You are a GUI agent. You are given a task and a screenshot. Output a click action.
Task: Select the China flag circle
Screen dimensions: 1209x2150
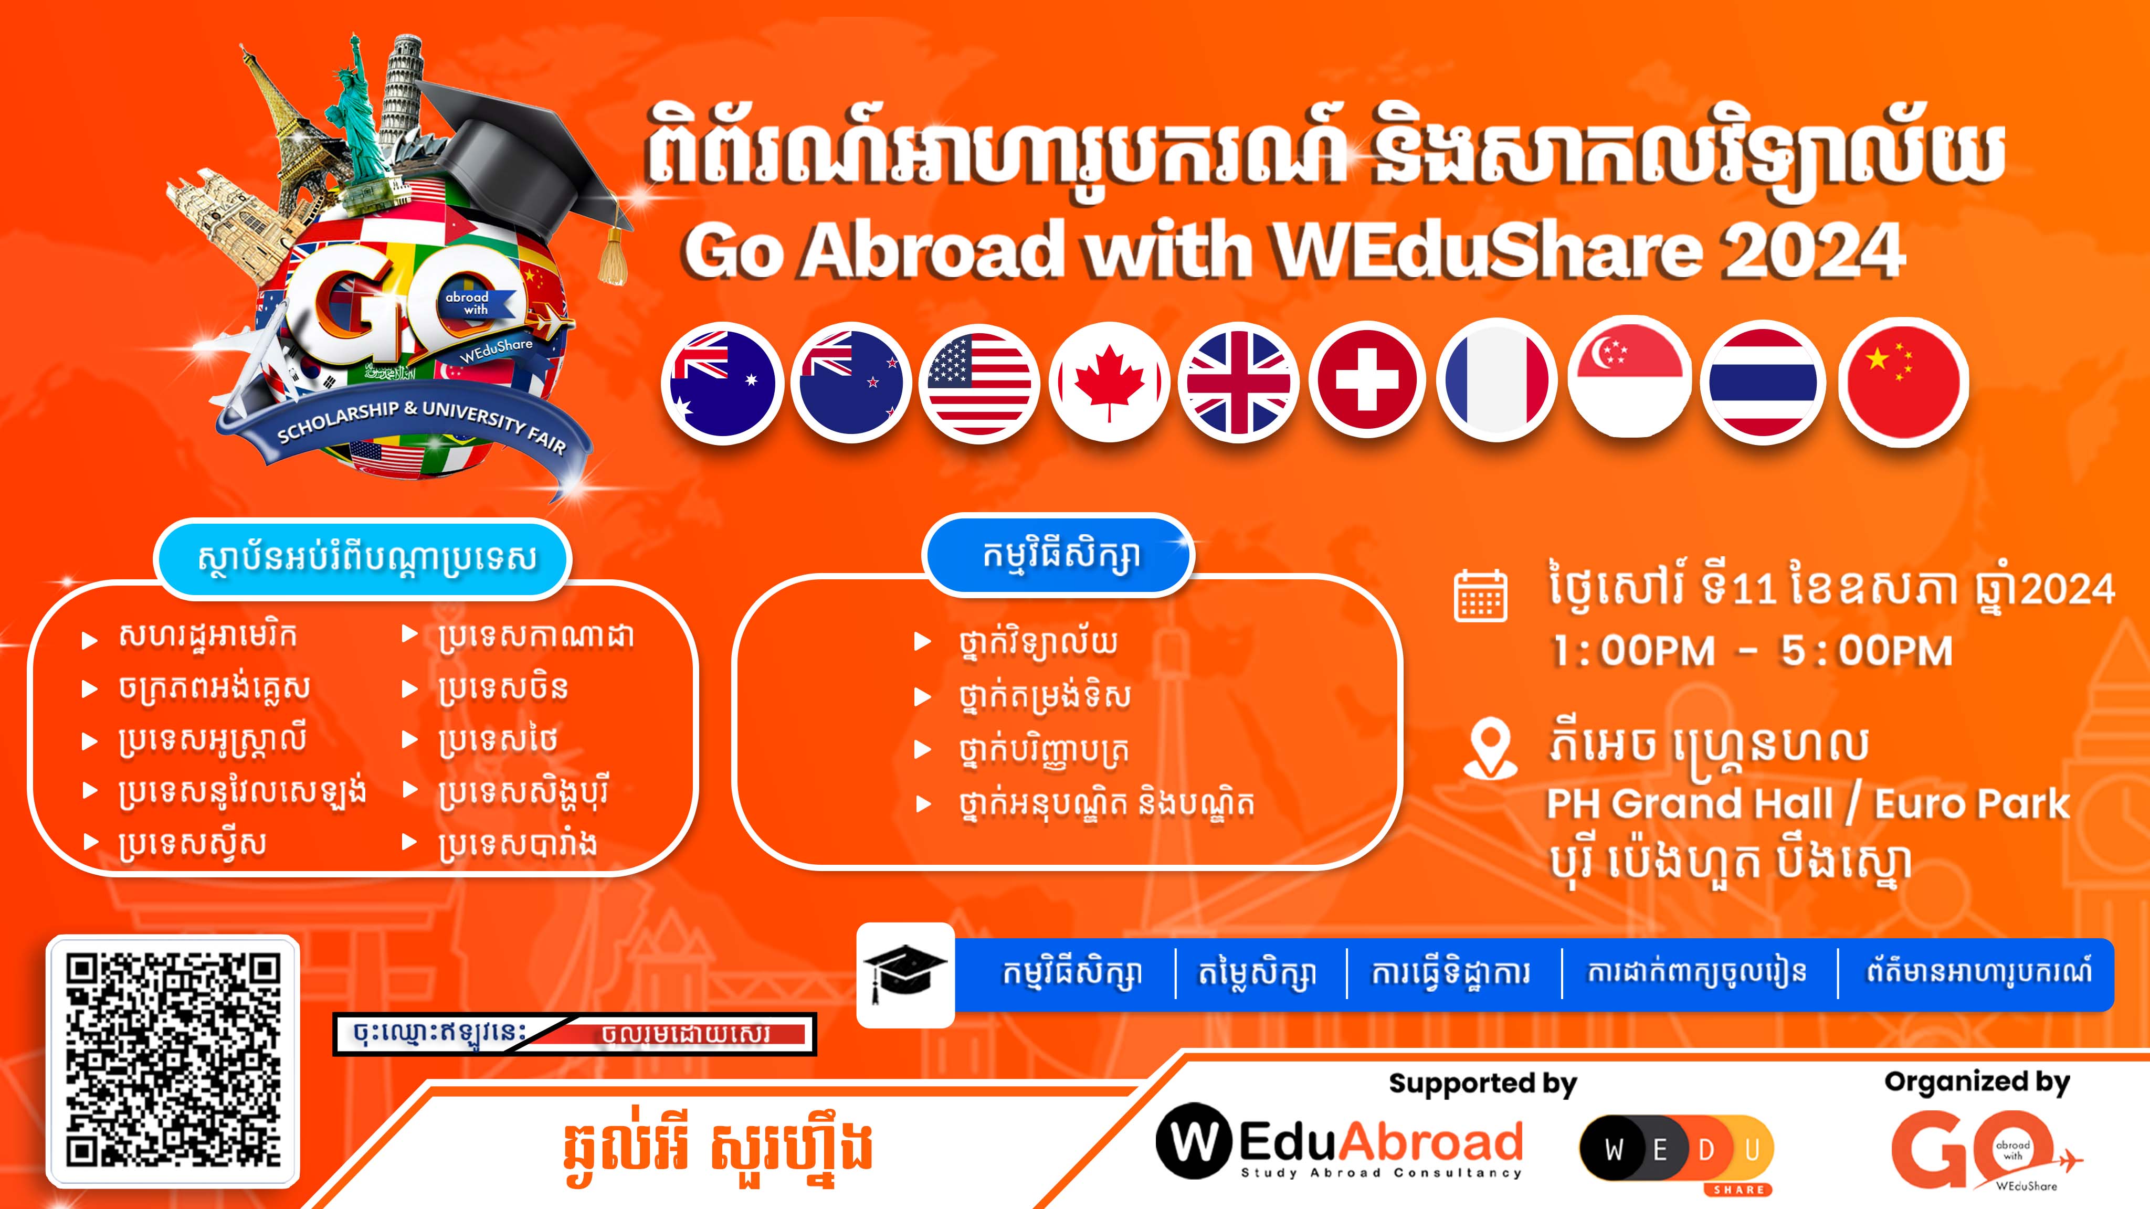[1903, 382]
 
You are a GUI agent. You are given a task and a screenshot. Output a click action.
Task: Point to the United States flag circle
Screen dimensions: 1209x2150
[979, 384]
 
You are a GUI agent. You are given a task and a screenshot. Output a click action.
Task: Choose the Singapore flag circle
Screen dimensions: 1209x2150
[1629, 379]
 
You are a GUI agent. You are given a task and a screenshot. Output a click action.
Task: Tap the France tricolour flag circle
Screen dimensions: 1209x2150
[1498, 382]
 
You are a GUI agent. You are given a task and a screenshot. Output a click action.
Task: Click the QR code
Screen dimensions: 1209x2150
[173, 1062]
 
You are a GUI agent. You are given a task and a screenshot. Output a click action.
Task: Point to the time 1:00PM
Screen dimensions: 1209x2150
[1632, 652]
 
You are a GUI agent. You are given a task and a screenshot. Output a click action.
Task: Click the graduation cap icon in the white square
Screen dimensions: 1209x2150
[905, 974]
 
